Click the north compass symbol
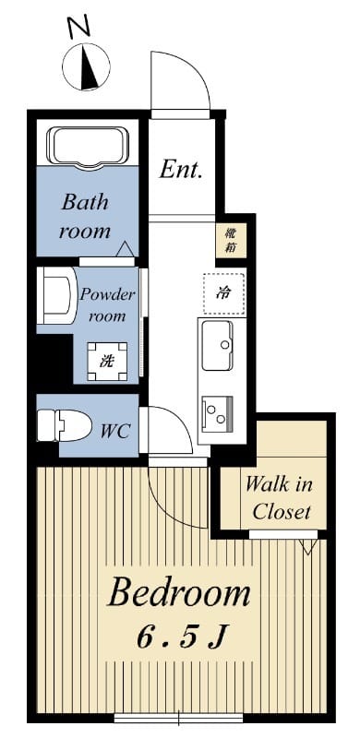(x=86, y=66)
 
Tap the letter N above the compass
(x=79, y=27)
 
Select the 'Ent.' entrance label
(x=181, y=170)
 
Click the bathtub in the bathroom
(x=88, y=147)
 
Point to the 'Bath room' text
(x=86, y=217)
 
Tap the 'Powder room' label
(x=107, y=305)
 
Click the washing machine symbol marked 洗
(x=107, y=362)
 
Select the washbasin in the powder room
(x=56, y=295)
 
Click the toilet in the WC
(x=64, y=424)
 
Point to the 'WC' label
(x=116, y=431)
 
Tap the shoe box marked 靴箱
(x=231, y=241)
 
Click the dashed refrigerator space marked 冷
(x=223, y=293)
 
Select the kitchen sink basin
(x=217, y=345)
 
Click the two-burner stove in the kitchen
(x=217, y=412)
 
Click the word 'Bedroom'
(x=179, y=593)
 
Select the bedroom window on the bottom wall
(x=178, y=719)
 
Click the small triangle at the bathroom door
(x=125, y=248)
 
